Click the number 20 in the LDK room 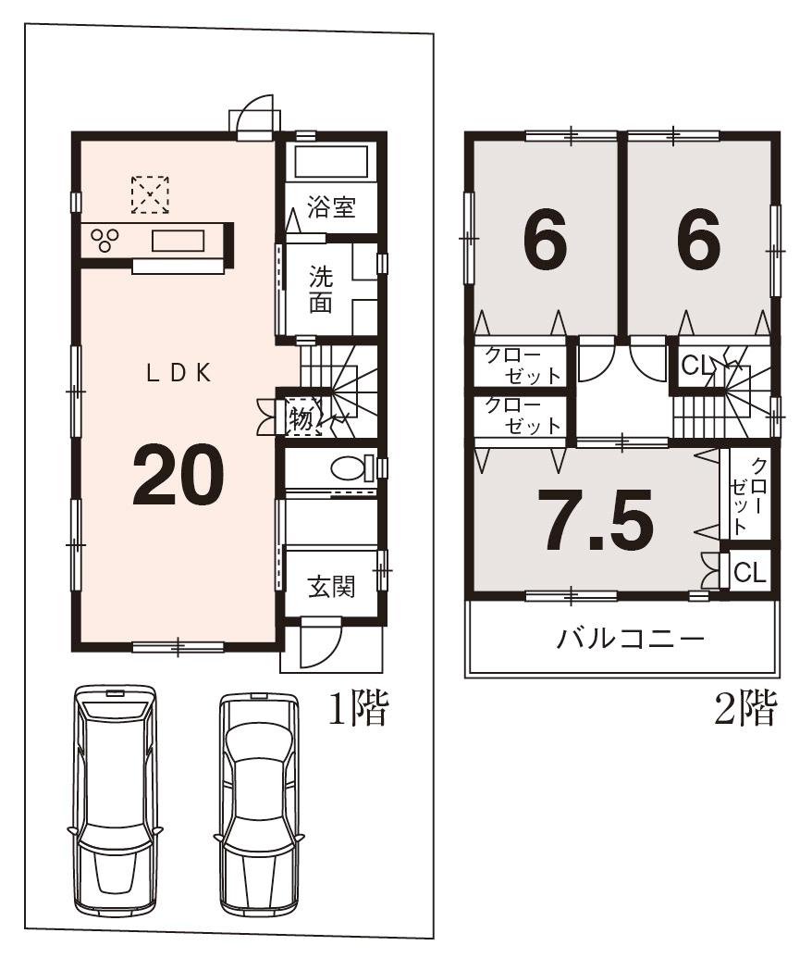[x=178, y=475]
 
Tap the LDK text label [x=180, y=373]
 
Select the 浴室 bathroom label [x=332, y=206]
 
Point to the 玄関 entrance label [x=331, y=587]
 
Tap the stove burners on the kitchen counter [x=105, y=239]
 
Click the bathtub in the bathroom [x=331, y=164]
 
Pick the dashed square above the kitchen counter [x=149, y=194]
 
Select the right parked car [x=258, y=802]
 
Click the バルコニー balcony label [x=631, y=640]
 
